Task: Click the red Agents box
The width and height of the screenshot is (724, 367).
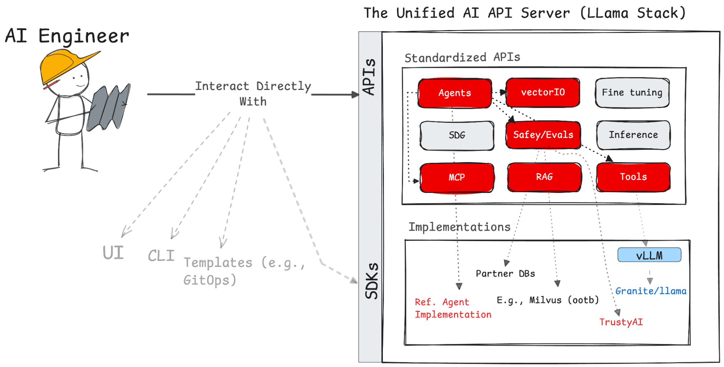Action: [x=455, y=93]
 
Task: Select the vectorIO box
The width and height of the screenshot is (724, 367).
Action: [x=543, y=92]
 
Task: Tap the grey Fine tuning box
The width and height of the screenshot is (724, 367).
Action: [x=632, y=93]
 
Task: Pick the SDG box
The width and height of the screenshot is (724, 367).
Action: [x=457, y=136]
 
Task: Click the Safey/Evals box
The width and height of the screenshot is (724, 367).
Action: [x=543, y=135]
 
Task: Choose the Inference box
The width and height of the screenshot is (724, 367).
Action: [x=633, y=135]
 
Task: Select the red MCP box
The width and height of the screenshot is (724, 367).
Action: [x=457, y=177]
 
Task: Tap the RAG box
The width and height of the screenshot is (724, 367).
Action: [x=544, y=177]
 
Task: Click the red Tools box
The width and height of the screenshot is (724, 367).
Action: [x=633, y=177]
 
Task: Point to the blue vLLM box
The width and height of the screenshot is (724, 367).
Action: [x=649, y=255]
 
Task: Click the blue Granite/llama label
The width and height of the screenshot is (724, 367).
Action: [x=650, y=291]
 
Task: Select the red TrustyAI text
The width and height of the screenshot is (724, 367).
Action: [x=621, y=322]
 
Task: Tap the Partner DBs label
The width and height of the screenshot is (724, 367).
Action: [x=505, y=274]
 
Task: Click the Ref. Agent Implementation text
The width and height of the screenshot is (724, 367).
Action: [x=453, y=308]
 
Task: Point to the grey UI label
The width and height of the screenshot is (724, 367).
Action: [x=113, y=253]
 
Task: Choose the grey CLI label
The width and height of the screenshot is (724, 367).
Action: [x=161, y=256]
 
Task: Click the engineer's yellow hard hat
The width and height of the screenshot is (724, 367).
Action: [x=62, y=65]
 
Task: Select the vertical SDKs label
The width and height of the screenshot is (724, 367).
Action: [x=371, y=281]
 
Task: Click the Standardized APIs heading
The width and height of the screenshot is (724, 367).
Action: [x=462, y=58]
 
